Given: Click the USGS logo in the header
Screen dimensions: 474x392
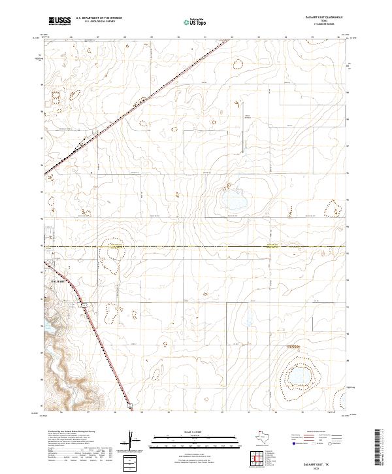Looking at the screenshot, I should tap(59, 21).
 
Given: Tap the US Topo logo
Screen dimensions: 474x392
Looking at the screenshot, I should tap(193, 21).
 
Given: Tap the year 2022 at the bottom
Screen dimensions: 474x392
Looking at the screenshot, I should tap(322, 468).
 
